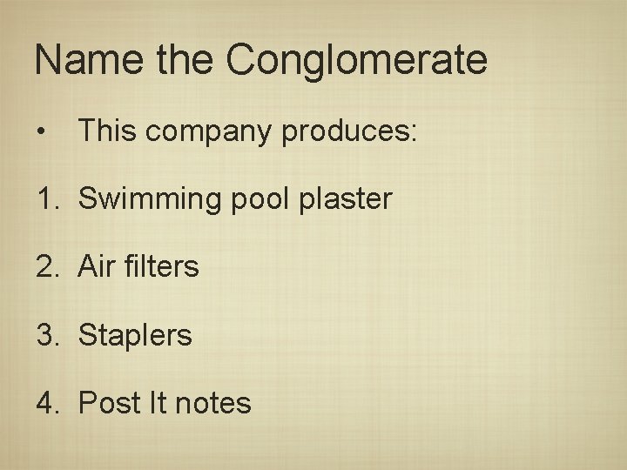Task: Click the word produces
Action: (350, 132)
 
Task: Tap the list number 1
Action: (44, 198)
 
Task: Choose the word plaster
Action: (346, 199)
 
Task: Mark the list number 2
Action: (46, 266)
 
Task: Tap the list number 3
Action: (46, 335)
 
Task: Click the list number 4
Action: (46, 403)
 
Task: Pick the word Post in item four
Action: (108, 403)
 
